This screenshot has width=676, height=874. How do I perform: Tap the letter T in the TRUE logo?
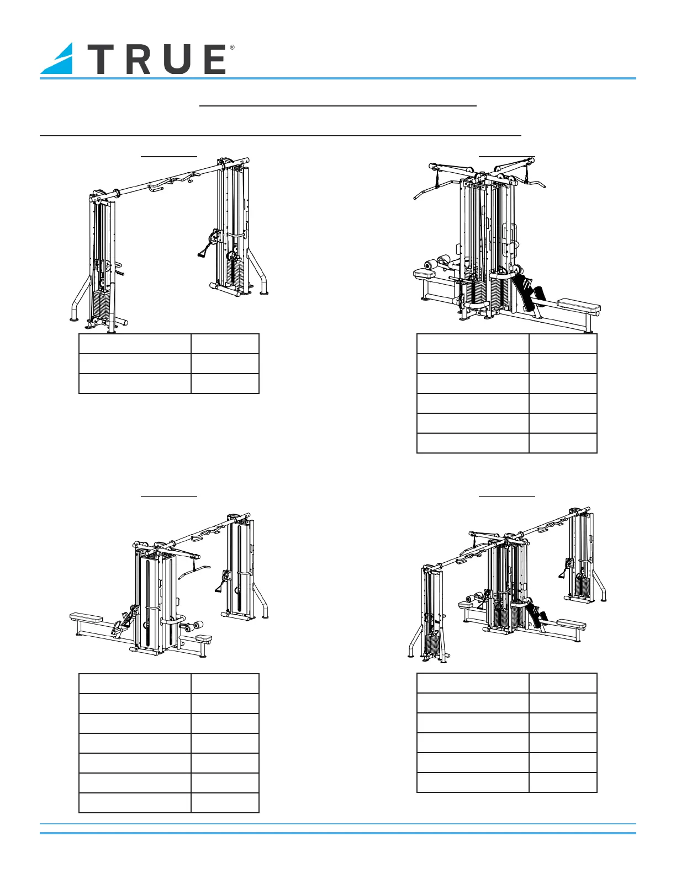(x=103, y=60)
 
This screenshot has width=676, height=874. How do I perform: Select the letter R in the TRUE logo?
(x=138, y=60)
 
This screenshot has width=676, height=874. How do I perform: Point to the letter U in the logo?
(x=175, y=60)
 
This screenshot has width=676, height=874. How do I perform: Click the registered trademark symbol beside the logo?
(x=232, y=48)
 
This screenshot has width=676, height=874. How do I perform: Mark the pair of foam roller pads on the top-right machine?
(x=436, y=263)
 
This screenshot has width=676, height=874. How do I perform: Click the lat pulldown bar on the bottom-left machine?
(x=193, y=571)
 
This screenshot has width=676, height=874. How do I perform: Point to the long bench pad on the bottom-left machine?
(x=87, y=617)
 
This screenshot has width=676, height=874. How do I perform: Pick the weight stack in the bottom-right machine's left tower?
(x=433, y=643)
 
